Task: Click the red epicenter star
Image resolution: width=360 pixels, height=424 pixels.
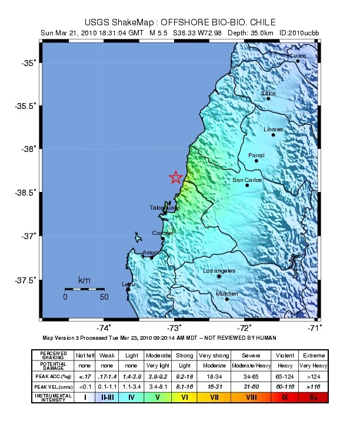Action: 175,177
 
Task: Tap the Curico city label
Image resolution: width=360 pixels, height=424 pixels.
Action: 297,55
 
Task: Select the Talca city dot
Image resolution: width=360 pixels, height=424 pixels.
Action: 268,98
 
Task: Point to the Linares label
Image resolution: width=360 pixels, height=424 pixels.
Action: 274,129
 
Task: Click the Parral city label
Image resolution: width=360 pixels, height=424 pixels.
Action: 256,155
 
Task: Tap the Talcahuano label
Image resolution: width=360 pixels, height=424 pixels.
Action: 164,208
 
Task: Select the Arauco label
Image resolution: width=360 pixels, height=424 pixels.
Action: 152,252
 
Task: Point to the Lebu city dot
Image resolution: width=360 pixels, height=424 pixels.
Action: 128,289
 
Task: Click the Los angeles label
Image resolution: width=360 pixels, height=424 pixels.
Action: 219,270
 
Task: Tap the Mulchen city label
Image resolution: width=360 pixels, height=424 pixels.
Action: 226,293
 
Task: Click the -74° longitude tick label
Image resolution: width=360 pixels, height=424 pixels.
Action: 105,328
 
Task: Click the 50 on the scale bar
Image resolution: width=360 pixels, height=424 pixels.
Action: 104,297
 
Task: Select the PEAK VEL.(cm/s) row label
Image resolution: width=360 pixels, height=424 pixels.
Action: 53,386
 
